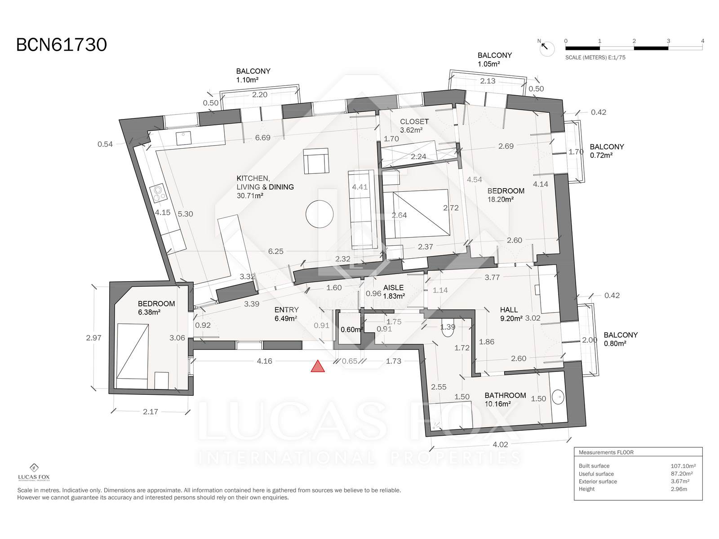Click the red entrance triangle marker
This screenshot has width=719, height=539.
click(x=317, y=367)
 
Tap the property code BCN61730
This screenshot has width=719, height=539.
click(x=62, y=45)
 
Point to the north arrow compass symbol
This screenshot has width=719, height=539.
click(x=546, y=48)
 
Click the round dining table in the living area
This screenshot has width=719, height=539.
click(x=320, y=214)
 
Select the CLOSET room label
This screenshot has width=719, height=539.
click(x=414, y=121)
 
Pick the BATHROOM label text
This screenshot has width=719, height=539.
click(x=505, y=395)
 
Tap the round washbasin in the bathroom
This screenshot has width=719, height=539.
click(x=558, y=398)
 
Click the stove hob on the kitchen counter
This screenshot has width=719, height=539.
click(x=159, y=193)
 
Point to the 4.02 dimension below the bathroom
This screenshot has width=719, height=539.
click(x=500, y=444)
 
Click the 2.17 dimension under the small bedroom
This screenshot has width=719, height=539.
click(x=151, y=412)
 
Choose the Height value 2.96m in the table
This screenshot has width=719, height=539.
click(x=679, y=489)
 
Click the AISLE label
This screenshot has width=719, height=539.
click(x=393, y=287)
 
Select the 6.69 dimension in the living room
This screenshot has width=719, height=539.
click(x=263, y=137)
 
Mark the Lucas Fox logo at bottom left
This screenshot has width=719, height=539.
click(x=34, y=472)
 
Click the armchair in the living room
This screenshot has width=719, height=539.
click(x=316, y=161)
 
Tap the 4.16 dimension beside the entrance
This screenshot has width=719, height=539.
click(x=264, y=361)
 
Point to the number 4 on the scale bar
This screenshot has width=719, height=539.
click(x=703, y=41)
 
